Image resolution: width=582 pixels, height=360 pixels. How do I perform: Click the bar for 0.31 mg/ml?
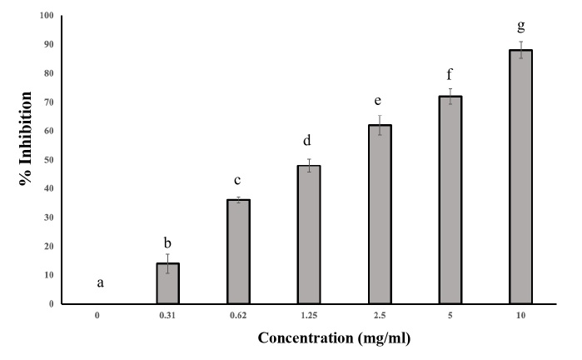pyautogui.click(x=167, y=283)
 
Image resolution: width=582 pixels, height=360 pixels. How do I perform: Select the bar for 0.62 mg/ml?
pyautogui.click(x=238, y=252)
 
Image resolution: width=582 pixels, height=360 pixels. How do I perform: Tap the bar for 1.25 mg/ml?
pyautogui.click(x=309, y=235)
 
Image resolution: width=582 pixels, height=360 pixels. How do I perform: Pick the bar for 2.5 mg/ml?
pyautogui.click(x=380, y=214)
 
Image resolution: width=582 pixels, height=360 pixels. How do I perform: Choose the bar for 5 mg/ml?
pyautogui.click(x=450, y=200)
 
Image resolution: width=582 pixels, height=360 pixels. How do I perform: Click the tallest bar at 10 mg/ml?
pyautogui.click(x=520, y=177)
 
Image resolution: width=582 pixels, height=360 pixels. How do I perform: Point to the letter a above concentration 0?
pyautogui.click(x=100, y=283)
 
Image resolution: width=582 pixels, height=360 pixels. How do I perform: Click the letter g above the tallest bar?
pyautogui.click(x=520, y=26)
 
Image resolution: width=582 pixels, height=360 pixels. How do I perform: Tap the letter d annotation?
pyautogui.click(x=307, y=141)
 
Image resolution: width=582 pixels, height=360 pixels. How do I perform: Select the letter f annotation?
pyautogui.click(x=449, y=74)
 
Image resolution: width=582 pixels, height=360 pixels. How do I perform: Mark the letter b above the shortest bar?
pyautogui.click(x=167, y=243)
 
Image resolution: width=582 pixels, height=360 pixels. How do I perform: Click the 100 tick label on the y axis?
pyautogui.click(x=47, y=15)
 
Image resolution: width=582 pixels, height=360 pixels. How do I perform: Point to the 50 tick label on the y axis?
pyautogui.click(x=48, y=160)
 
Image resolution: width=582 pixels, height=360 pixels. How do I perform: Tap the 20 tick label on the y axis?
pyautogui.click(x=48, y=247)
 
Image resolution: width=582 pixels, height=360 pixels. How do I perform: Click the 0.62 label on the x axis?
pyautogui.click(x=238, y=316)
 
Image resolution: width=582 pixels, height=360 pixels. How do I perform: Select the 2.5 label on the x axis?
pyautogui.click(x=380, y=316)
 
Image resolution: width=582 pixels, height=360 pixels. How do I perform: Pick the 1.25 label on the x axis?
pyautogui.click(x=309, y=316)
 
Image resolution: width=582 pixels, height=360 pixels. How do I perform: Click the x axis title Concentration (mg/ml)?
pyautogui.click(x=334, y=338)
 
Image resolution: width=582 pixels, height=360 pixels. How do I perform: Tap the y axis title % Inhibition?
pyautogui.click(x=25, y=138)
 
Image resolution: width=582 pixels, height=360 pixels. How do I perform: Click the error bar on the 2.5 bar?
pyautogui.click(x=380, y=125)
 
